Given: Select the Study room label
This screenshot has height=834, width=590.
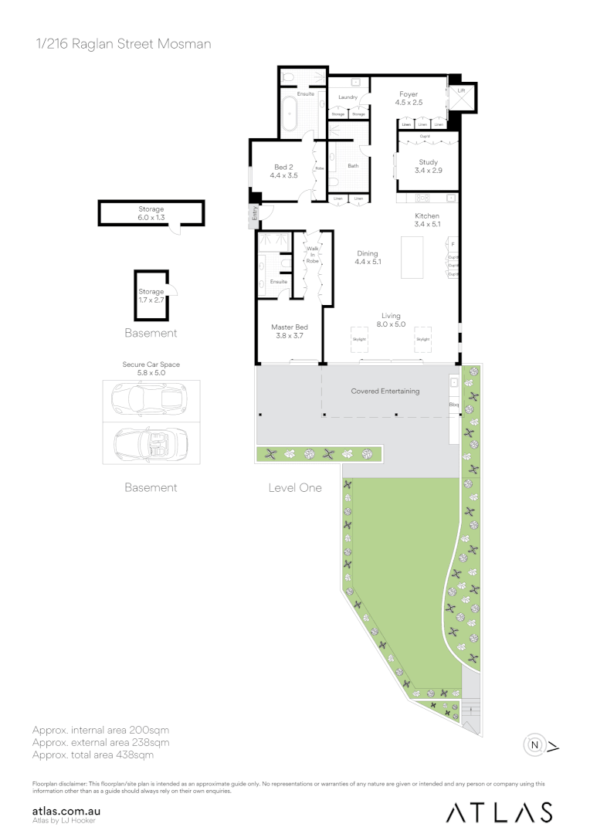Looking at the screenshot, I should point(428,166).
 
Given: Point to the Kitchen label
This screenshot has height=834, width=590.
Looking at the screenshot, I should point(427,220).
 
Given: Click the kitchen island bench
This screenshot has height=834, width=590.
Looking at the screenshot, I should point(413,258).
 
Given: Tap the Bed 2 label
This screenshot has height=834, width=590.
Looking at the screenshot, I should point(283,171).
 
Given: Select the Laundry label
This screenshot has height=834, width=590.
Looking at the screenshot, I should point(348,97).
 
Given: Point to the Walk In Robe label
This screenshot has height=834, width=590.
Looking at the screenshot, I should point(313,255).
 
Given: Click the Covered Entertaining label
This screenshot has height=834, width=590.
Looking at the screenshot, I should point(385,392).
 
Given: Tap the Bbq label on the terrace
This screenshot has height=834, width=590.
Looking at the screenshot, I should point(453,404).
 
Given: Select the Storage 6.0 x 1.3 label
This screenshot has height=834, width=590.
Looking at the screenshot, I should point(151,213).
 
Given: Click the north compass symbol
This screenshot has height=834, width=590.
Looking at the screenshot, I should point(534,745).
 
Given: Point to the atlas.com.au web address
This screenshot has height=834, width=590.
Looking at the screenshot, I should point(67,811).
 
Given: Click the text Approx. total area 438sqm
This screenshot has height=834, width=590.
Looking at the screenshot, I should point(93,754).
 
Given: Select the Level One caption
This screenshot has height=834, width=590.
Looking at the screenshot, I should point(295,488).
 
